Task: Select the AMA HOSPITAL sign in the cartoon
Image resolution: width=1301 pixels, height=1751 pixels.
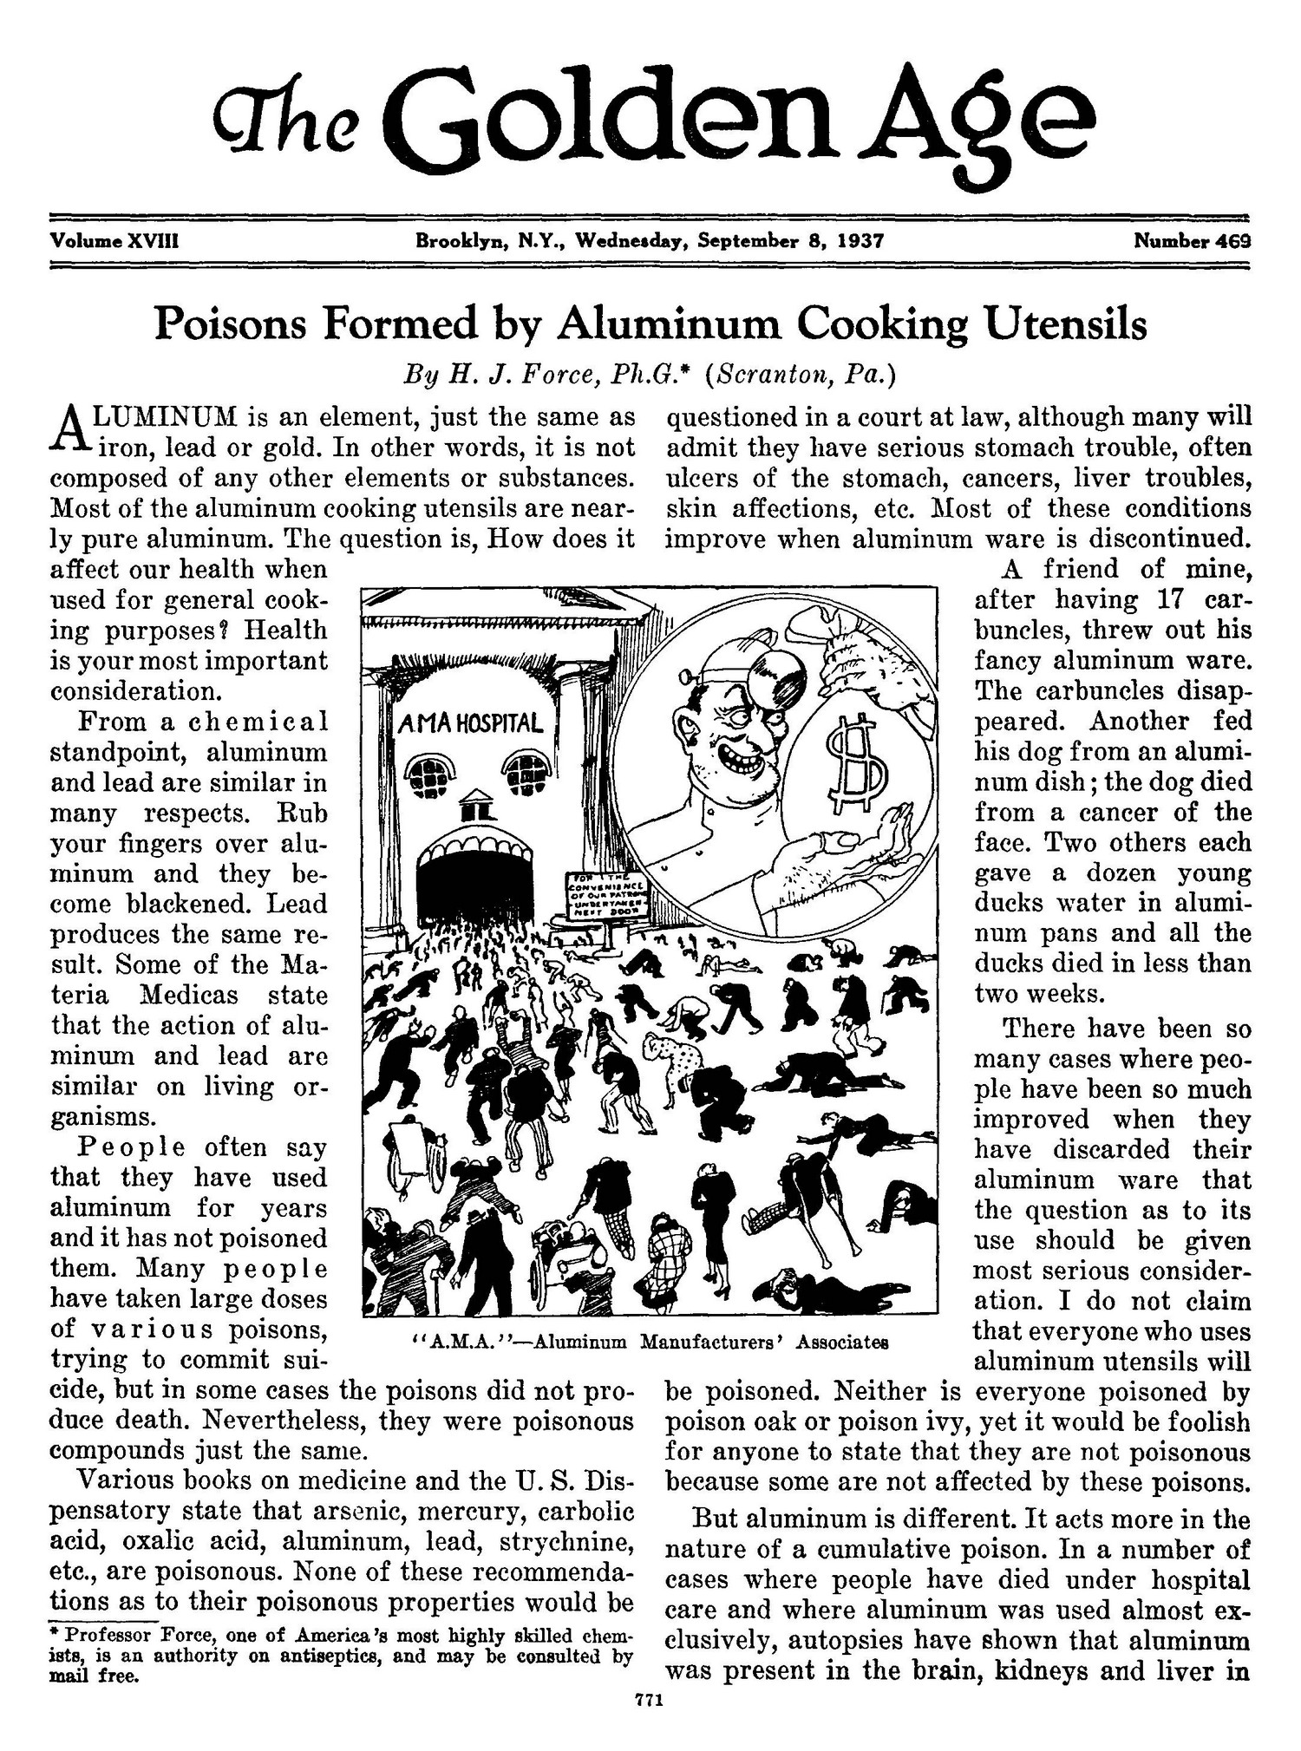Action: coord(471,722)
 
